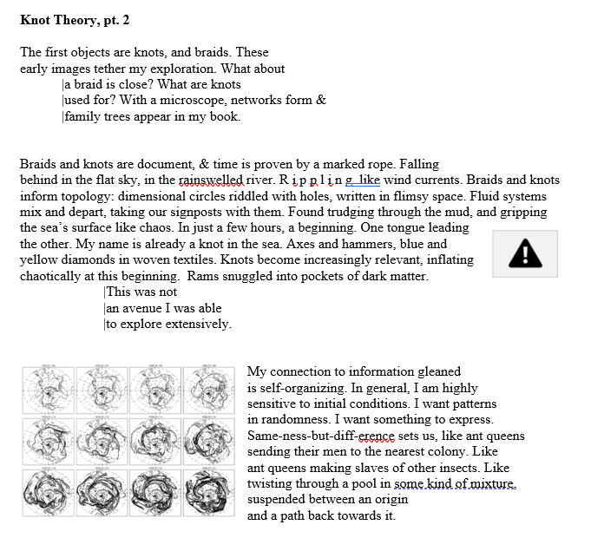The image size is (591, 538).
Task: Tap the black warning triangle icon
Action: [524, 253]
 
